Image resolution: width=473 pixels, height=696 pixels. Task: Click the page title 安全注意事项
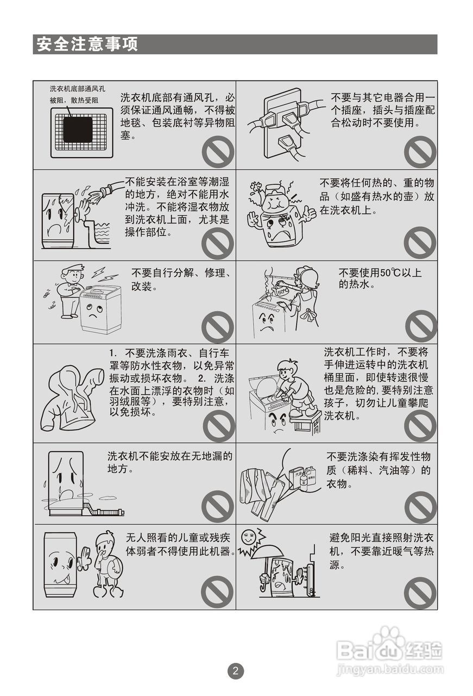tap(87, 45)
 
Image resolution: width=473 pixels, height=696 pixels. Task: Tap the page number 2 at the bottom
tap(235, 670)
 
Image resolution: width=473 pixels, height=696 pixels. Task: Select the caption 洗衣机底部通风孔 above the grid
tap(77, 89)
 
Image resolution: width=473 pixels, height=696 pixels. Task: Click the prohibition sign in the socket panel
tap(420, 152)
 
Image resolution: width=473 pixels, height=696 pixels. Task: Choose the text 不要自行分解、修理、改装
tap(182, 279)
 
